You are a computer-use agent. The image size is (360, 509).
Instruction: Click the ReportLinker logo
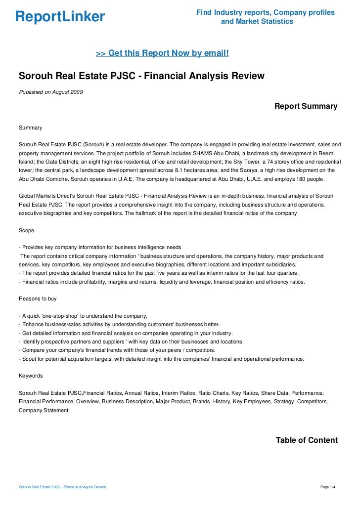tap(60, 17)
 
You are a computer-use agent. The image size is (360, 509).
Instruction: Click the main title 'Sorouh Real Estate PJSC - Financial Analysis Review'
tap(141, 76)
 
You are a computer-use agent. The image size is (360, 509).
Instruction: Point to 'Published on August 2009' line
tap(51, 92)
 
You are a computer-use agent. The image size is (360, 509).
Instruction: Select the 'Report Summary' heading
tap(306, 106)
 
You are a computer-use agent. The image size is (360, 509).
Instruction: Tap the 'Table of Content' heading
tap(307, 440)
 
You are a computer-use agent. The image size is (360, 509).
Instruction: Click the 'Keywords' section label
tap(31, 376)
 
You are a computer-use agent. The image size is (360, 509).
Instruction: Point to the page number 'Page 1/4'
tap(328, 487)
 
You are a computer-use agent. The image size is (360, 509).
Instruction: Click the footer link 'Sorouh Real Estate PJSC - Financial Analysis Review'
tap(63, 487)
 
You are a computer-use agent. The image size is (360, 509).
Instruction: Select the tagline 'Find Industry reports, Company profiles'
tap(266, 12)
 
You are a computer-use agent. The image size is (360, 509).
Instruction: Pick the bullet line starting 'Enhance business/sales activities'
tap(119, 324)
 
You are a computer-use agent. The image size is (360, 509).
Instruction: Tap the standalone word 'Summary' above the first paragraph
tap(31, 128)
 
